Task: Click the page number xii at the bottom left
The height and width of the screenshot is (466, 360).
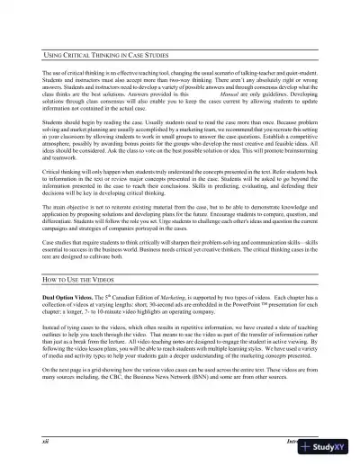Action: tap(44, 443)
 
